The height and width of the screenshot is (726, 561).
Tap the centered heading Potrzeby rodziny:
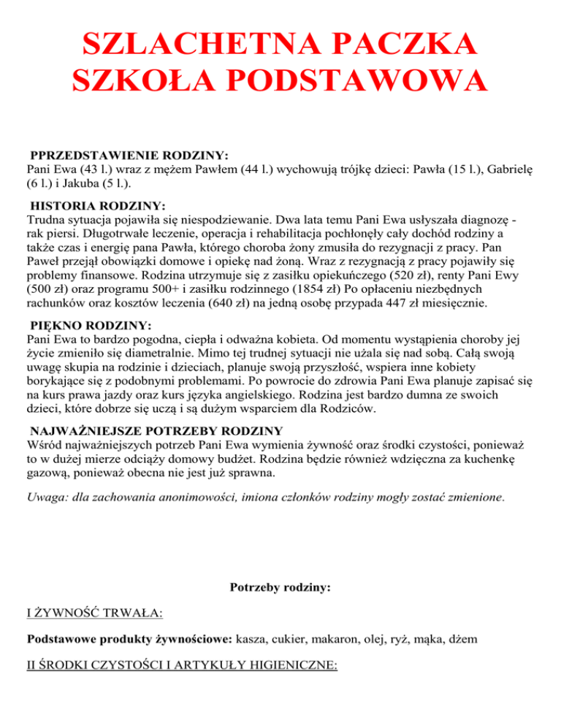tap(280, 586)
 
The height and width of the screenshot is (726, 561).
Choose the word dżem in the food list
tap(464, 639)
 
